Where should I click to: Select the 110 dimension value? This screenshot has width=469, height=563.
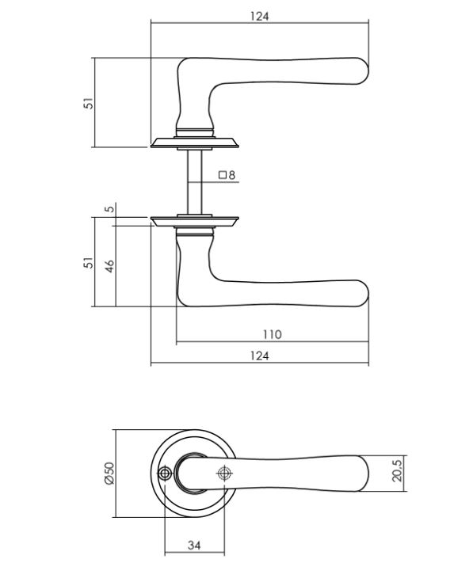(x=272, y=335)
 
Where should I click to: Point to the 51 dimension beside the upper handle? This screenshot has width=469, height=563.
(x=89, y=103)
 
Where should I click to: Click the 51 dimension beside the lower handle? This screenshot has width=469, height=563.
(x=89, y=261)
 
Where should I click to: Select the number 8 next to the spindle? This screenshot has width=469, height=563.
(x=232, y=175)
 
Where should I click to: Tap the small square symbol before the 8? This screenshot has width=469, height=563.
(x=223, y=175)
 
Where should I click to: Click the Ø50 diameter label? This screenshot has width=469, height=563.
(x=110, y=474)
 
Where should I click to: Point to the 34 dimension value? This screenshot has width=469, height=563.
(x=194, y=545)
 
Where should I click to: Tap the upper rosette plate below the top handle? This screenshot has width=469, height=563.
(x=194, y=143)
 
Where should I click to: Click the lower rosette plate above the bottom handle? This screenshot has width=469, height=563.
(x=194, y=219)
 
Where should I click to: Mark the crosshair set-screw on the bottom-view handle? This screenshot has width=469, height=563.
(x=224, y=473)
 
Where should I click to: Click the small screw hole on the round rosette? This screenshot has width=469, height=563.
(x=165, y=474)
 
